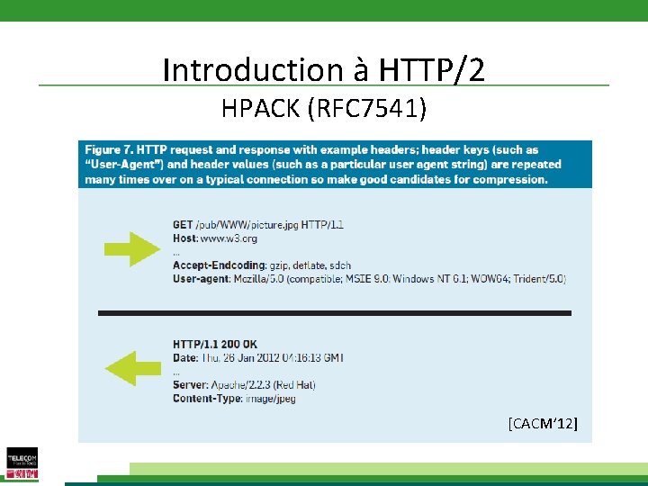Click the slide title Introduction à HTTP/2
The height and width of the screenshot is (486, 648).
pyautogui.click(x=324, y=69)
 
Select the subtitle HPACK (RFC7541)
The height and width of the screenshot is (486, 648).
pyautogui.click(x=324, y=109)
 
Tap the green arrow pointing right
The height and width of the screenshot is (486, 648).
pyautogui.click(x=130, y=247)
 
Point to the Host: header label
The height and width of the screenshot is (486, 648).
pyautogui.click(x=185, y=238)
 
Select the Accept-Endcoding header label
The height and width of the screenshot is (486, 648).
pyautogui.click(x=220, y=265)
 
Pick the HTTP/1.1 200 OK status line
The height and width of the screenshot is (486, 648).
pyautogui.click(x=215, y=344)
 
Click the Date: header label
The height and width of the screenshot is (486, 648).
pyautogui.click(x=186, y=357)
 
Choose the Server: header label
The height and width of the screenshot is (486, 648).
pyautogui.click(x=191, y=384)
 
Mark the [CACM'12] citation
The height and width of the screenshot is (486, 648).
pyautogui.click(x=543, y=422)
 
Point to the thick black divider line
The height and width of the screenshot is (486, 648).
pyautogui.click(x=334, y=313)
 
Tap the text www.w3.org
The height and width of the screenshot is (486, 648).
pyautogui.click(x=228, y=238)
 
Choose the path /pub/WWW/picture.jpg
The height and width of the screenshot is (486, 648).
pyautogui.click(x=247, y=224)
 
